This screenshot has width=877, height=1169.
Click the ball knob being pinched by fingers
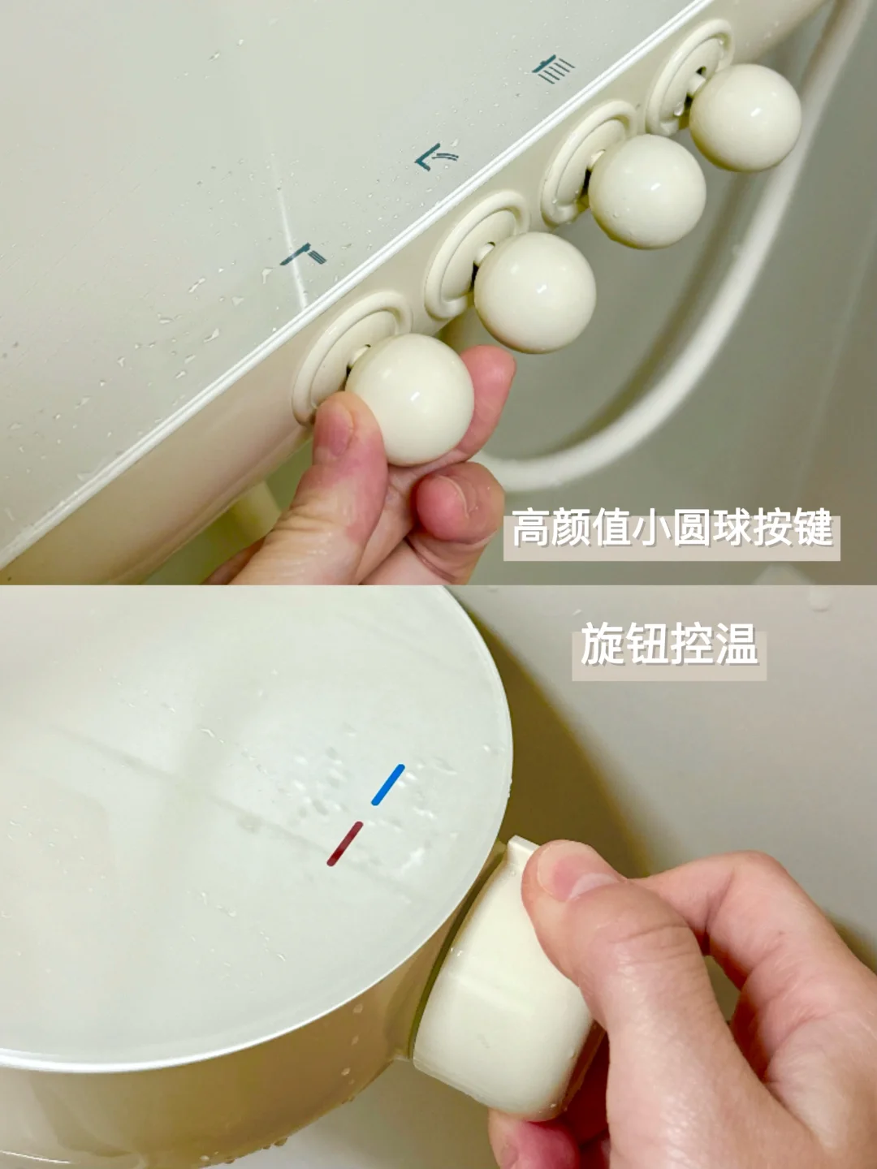click(x=410, y=399)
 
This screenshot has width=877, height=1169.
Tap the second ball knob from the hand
click(x=534, y=292)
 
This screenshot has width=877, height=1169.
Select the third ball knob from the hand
click(x=647, y=191)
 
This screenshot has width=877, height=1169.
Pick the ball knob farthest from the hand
click(x=745, y=117)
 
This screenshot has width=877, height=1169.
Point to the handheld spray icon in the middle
click(x=437, y=157)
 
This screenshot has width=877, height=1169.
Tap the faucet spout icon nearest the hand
click(x=304, y=255)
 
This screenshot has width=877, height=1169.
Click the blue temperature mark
click(x=388, y=784)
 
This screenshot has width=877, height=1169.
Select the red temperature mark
click(x=345, y=843)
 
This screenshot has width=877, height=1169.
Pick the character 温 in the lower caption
click(x=737, y=645)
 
